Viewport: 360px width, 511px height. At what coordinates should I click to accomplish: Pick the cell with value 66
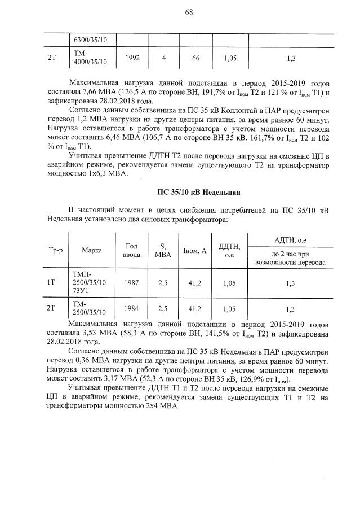pos(195,58)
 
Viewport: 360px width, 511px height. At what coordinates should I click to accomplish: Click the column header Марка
pos(91,249)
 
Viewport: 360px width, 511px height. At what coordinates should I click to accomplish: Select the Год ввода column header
pos(131,249)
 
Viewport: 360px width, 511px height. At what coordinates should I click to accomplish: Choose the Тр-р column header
pos(51,249)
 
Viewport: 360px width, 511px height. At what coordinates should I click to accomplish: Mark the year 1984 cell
pos(132,308)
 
